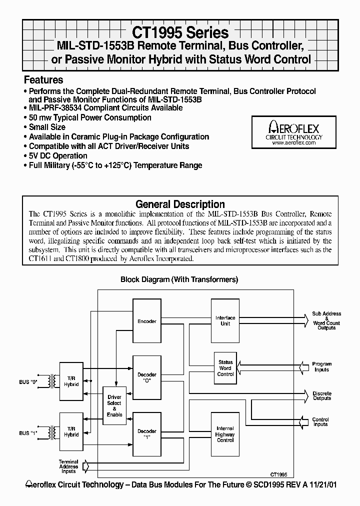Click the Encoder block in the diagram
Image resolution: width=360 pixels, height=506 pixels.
[147, 321]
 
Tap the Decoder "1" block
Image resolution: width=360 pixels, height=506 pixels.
[147, 433]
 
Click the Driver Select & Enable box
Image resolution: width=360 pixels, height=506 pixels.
[114, 405]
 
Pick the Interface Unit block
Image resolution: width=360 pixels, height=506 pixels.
[225, 320]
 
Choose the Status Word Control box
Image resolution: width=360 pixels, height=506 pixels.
[225, 368]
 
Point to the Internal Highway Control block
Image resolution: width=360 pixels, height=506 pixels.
[225, 434]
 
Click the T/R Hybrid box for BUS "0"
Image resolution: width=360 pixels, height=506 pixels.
[71, 381]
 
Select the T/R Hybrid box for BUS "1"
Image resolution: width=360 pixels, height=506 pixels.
[71, 432]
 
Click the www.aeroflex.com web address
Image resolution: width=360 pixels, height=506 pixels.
[294, 143]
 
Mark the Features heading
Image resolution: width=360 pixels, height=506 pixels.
[43, 80]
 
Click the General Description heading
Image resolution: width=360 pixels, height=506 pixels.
[180, 204]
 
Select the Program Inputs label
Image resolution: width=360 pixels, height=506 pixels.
[321, 367]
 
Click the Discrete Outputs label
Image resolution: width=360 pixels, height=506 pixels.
[321, 395]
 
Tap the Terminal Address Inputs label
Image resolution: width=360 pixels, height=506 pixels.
[68, 466]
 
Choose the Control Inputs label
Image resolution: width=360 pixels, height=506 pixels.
[320, 422]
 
